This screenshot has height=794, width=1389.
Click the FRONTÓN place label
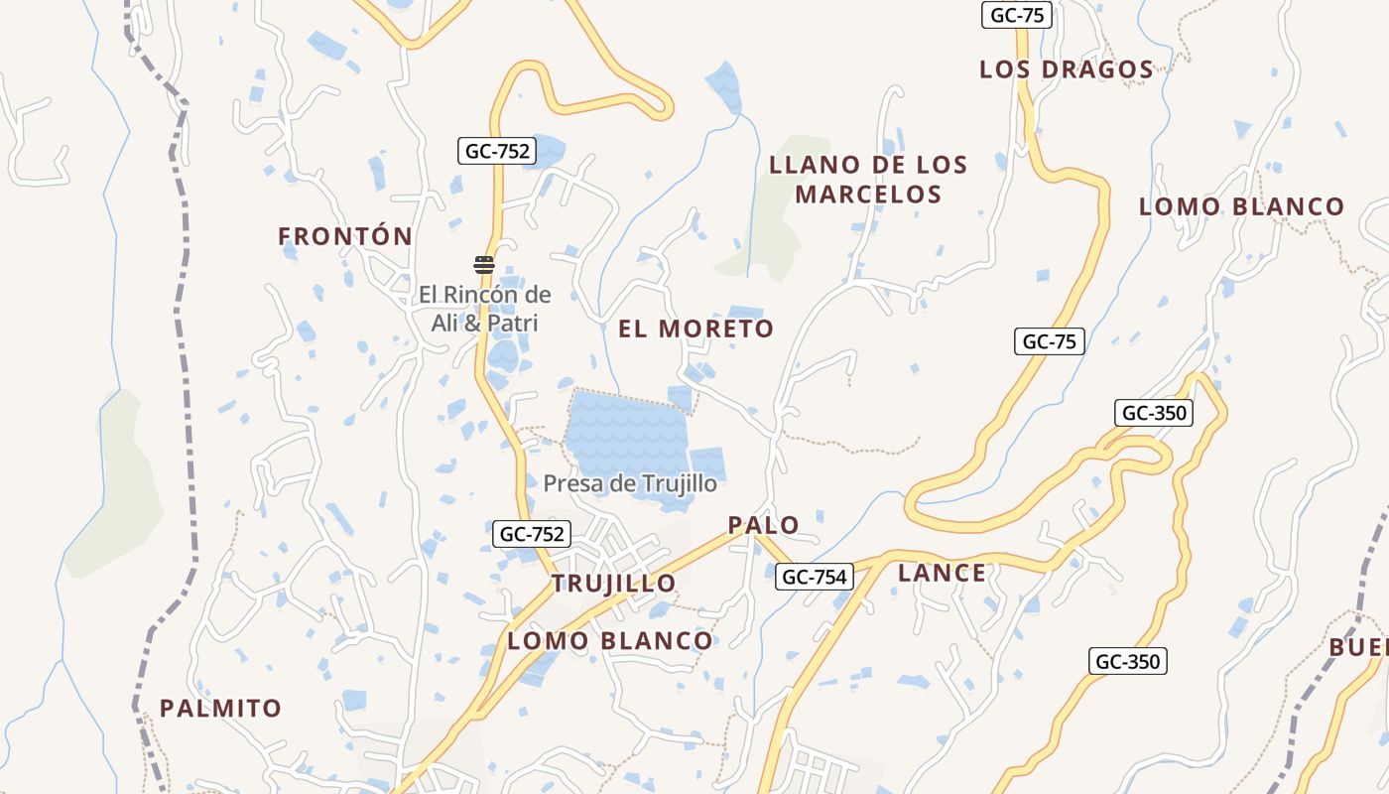(344, 236)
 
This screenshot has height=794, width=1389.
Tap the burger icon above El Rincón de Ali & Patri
(484, 264)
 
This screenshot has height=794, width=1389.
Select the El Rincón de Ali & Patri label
(484, 309)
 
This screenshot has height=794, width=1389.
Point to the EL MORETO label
(695, 329)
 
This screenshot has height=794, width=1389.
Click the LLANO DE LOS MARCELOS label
(868, 180)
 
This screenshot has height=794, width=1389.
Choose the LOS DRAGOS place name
(1067, 69)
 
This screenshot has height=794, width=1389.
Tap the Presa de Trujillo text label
(629, 483)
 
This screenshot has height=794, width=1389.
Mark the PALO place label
(763, 525)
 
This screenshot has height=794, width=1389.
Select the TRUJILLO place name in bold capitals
(613, 583)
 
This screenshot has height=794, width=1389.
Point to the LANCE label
(942, 573)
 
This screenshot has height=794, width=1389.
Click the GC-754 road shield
(815, 576)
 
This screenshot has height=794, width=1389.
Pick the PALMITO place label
(220, 709)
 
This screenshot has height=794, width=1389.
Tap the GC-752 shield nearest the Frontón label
(497, 151)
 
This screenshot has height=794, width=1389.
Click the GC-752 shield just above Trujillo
(532, 534)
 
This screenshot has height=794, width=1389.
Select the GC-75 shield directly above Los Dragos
(1016, 15)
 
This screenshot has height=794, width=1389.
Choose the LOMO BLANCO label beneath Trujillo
(609, 641)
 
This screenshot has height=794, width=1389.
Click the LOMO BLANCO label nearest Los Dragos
(1241, 206)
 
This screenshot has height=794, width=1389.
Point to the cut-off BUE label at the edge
(1359, 647)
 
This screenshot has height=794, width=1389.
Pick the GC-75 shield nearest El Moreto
(1050, 341)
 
